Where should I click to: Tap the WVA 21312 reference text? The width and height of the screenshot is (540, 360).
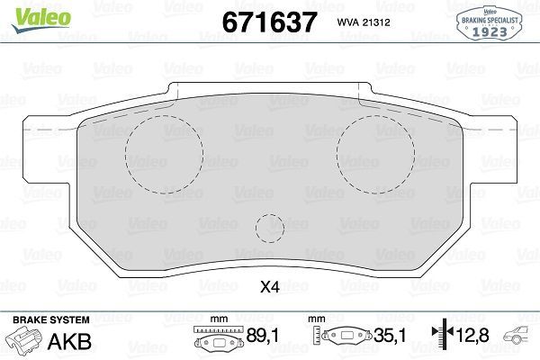(x=362, y=21)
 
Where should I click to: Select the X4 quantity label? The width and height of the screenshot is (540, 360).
(x=269, y=288)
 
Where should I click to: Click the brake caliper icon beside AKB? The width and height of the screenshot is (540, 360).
(x=24, y=340)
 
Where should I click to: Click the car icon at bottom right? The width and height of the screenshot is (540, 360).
(x=520, y=339)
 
